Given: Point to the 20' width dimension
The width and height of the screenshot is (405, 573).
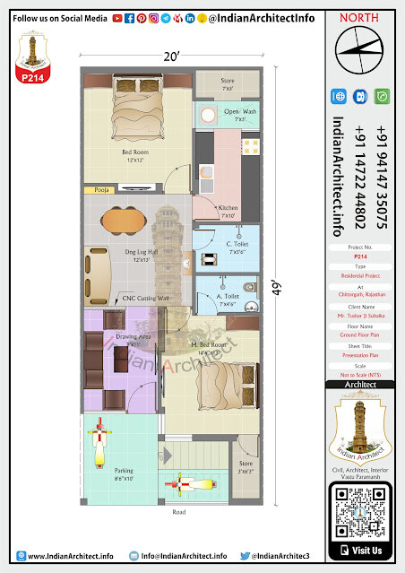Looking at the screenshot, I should (170, 56).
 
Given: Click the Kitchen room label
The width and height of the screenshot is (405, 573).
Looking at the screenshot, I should (228, 212).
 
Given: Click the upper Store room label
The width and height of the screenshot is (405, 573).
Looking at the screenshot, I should (228, 83).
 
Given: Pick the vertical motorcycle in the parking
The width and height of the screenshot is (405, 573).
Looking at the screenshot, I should (99, 444).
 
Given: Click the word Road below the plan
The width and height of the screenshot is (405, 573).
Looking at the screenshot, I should (180, 513).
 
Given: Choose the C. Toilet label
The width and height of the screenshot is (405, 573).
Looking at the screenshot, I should (237, 247).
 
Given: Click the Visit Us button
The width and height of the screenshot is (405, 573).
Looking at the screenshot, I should (366, 550).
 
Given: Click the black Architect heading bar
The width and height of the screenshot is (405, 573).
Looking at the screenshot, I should (365, 385).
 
